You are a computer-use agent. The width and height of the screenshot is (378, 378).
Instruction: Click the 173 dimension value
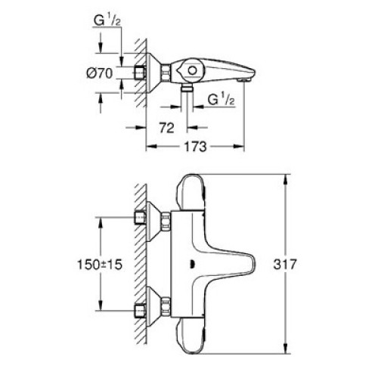(x=195, y=147)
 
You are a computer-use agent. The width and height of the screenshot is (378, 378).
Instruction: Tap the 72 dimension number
(x=166, y=128)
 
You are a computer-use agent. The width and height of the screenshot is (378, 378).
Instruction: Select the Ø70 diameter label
(x=100, y=73)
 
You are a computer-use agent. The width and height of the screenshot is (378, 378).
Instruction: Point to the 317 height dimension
(x=285, y=265)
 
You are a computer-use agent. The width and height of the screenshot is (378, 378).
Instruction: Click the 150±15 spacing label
(x=100, y=265)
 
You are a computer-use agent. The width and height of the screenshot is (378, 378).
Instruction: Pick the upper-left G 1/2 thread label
(x=107, y=20)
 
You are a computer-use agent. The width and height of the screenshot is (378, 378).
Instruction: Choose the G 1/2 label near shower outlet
(x=221, y=99)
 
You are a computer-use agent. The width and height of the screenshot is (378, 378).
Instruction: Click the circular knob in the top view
(x=193, y=70)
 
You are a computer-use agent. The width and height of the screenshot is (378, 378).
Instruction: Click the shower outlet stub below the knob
(x=187, y=88)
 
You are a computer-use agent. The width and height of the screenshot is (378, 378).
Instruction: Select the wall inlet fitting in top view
(x=139, y=73)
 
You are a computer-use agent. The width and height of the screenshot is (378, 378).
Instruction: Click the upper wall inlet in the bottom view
(x=140, y=218)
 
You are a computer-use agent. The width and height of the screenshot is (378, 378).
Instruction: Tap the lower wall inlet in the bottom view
(x=140, y=311)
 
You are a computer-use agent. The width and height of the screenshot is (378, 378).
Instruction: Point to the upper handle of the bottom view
(x=191, y=192)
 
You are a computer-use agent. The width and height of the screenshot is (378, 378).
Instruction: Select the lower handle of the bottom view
(x=191, y=336)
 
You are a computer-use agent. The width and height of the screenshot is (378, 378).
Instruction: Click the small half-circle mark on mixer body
(x=192, y=265)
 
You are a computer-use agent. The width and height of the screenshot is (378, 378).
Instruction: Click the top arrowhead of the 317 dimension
(x=285, y=180)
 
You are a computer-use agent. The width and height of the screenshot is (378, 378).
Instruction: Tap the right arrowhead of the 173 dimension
(x=239, y=147)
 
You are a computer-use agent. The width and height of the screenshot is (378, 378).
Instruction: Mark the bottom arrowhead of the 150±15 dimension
(x=101, y=305)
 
